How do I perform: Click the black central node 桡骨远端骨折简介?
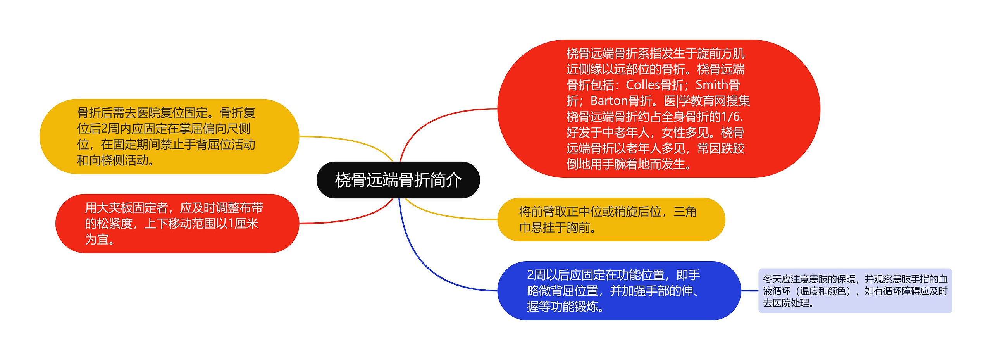(x=398, y=180)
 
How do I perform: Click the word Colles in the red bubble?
(x=642, y=85)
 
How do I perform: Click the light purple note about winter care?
(x=855, y=291)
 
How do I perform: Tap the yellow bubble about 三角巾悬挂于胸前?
(x=611, y=219)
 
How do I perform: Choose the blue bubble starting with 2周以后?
(x=618, y=291)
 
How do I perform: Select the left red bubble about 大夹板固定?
(x=177, y=224)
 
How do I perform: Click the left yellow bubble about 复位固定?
(x=169, y=136)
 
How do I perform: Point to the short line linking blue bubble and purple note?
(x=749, y=291)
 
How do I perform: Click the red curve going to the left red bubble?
(x=356, y=217)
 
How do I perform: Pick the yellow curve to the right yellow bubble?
(x=446, y=215)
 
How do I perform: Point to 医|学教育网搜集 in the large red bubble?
(x=707, y=101)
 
